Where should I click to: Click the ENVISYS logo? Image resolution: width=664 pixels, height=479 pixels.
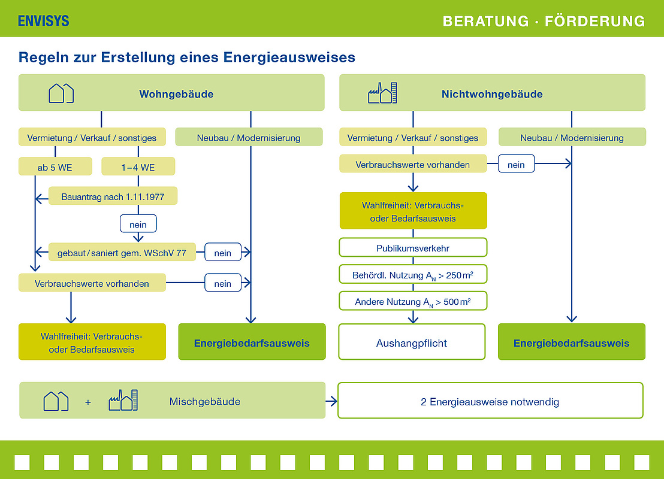(44, 21)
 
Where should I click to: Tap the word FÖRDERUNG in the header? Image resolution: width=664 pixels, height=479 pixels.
(594, 22)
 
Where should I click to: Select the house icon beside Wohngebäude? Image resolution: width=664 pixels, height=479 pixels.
(61, 93)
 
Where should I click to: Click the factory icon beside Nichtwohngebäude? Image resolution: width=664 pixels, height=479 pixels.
(382, 93)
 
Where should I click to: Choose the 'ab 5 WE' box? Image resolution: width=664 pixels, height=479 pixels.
(55, 167)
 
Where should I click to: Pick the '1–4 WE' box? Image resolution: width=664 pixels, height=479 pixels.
(138, 167)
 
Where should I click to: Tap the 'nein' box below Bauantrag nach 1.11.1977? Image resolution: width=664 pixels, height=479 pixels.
(138, 224)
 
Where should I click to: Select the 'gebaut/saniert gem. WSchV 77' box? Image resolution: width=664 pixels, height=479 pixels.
(122, 253)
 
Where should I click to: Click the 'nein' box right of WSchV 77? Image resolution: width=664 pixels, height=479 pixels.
(222, 253)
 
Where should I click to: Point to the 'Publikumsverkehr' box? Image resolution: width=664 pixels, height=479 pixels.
(413, 247)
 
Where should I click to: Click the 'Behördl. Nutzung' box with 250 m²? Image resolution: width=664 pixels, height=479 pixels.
(413, 275)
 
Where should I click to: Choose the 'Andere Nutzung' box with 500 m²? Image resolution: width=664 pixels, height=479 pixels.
(413, 302)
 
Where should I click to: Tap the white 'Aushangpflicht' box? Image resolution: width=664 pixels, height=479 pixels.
(412, 342)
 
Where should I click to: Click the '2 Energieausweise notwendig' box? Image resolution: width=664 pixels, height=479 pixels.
(490, 401)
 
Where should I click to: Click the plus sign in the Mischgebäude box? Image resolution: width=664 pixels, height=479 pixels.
(88, 402)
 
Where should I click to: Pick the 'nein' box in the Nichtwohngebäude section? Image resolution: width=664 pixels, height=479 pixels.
(516, 164)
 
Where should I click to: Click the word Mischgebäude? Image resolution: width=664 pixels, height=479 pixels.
(204, 401)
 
